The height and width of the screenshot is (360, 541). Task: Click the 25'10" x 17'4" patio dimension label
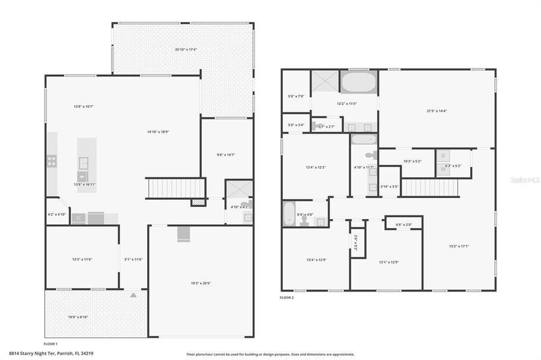click(x=184, y=49)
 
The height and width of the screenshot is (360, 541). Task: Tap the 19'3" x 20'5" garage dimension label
click(x=201, y=283)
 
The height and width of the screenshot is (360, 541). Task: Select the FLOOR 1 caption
click(x=50, y=344)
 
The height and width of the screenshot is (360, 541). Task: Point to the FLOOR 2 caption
click(x=287, y=297)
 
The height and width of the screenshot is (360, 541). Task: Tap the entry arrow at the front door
click(x=133, y=295)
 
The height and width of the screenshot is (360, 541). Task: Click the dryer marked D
click(x=443, y=155)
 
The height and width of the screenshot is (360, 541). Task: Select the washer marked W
click(x=443, y=169)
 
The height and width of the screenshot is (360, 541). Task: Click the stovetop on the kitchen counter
click(x=52, y=161)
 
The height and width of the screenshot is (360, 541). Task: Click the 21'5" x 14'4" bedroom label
click(x=437, y=110)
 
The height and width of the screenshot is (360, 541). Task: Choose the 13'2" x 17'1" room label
click(x=459, y=245)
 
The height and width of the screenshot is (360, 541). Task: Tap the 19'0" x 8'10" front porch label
click(x=79, y=317)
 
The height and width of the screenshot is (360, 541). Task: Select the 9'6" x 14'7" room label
click(x=226, y=154)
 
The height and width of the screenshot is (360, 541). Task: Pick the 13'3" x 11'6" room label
click(x=82, y=259)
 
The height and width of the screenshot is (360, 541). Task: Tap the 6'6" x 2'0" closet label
click(x=403, y=225)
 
